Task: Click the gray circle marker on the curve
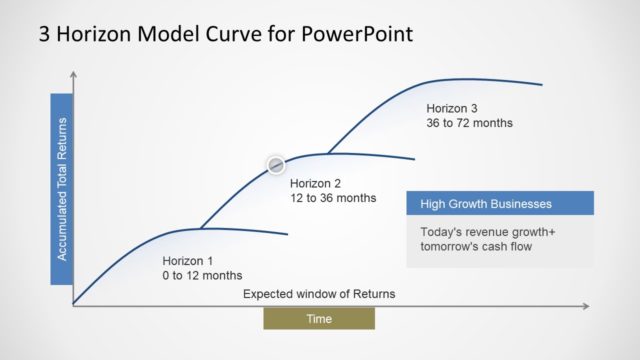click(x=276, y=164)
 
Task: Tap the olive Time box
click(x=319, y=318)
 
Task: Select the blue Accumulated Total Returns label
click(x=62, y=190)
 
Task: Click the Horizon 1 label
click(x=188, y=258)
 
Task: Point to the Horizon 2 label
click(x=316, y=183)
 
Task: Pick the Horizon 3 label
click(x=452, y=108)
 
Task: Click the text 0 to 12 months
click(x=202, y=275)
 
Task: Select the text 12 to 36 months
click(x=333, y=198)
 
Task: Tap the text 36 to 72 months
click(x=469, y=123)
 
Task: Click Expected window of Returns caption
click(x=319, y=294)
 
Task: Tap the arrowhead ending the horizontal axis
click(x=588, y=305)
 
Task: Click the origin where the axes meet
click(x=74, y=305)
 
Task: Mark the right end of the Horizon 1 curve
click(x=288, y=234)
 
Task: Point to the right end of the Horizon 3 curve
click(x=542, y=85)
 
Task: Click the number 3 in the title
click(x=45, y=34)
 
